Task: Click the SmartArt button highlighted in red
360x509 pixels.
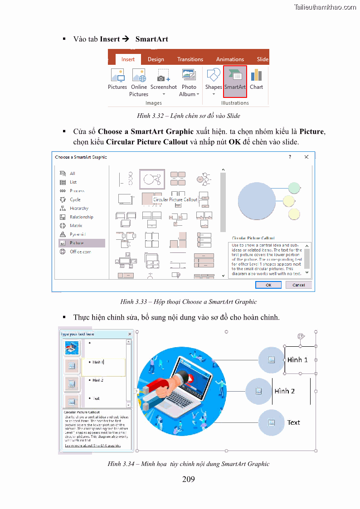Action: (x=235, y=81)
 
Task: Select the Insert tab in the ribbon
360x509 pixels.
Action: (x=128, y=59)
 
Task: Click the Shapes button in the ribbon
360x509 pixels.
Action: (x=214, y=81)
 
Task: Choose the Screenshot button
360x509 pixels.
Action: (x=164, y=81)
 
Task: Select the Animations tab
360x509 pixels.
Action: (x=230, y=59)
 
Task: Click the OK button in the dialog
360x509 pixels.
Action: (x=268, y=285)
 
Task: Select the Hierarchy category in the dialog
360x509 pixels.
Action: (x=79, y=208)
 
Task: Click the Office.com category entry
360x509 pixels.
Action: (x=80, y=252)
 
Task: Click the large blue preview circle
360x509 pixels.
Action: (x=257, y=200)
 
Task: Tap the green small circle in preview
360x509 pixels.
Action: (x=294, y=188)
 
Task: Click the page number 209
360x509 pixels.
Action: (x=188, y=479)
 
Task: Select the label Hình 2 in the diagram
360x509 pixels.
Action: (x=285, y=391)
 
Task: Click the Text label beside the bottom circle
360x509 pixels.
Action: (x=293, y=422)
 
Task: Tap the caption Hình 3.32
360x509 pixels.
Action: (x=189, y=116)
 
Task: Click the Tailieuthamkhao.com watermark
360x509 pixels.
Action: (x=325, y=7)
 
